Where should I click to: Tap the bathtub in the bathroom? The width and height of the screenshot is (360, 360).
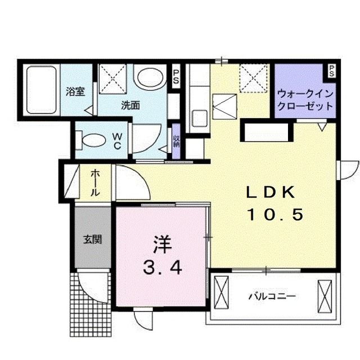click(41, 90)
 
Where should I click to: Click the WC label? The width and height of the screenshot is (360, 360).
click(118, 141)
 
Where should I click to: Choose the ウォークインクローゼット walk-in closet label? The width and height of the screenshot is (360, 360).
click(305, 100)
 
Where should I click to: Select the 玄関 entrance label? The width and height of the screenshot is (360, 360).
click(93, 239)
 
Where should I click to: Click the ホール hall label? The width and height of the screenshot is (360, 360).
click(95, 183)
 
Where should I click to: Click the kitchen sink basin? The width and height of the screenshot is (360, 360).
click(199, 119)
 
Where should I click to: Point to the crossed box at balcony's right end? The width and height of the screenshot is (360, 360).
click(326, 294)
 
